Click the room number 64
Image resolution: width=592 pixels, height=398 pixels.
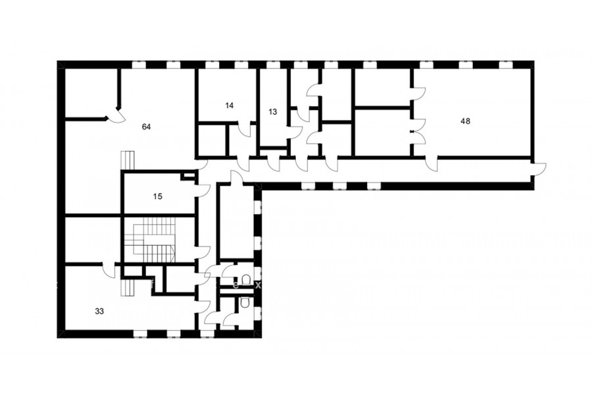click(146, 127)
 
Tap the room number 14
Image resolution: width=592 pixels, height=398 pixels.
click(229, 105)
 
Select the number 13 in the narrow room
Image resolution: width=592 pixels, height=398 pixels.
click(272, 112)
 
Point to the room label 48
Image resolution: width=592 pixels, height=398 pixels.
click(466, 121)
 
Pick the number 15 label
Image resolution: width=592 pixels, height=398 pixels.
click(158, 196)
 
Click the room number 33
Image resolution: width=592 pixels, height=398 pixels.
click(99, 312)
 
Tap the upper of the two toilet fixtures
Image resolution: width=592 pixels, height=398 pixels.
click(246, 279)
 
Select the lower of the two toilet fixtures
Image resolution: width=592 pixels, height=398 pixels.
click(245, 302)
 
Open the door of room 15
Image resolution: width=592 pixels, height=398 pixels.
click(203, 190)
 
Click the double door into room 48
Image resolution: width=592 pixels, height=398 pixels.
click(418, 132)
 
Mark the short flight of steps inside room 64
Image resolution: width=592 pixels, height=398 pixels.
click(128, 160)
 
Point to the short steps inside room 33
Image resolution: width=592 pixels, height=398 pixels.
click(128, 288)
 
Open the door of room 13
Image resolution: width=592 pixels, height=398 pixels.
click(295, 131)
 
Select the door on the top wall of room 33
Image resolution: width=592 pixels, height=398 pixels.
click(109, 270)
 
